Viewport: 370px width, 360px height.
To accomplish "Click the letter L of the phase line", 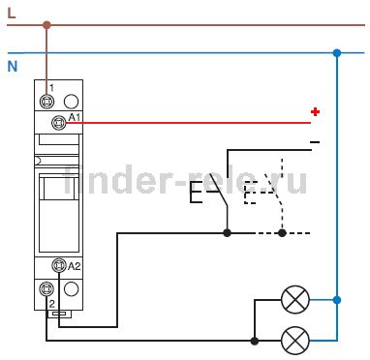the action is point(12,13).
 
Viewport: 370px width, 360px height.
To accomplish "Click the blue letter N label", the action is point(13,67).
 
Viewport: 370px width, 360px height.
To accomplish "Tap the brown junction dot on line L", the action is point(46,25).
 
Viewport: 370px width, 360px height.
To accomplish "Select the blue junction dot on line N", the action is point(337,53).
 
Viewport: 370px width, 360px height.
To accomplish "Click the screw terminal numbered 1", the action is point(46,102).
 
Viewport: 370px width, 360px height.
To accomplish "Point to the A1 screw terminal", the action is point(59,123).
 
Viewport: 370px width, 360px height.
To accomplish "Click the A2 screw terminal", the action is point(59,265).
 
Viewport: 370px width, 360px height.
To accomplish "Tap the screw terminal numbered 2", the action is point(46,289).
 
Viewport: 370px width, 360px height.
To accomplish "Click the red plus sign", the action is point(315,111).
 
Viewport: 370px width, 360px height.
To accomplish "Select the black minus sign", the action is point(315,142).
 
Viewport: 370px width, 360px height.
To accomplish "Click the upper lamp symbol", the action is point(295,300).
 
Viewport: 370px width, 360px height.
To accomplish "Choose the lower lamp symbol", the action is point(295,341).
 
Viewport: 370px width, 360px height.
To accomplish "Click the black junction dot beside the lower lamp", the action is point(255,341).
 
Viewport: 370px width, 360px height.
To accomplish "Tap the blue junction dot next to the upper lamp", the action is point(337,300).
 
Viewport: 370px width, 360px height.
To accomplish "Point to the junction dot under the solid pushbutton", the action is point(228,232).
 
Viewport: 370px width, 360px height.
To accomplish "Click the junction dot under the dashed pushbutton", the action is point(282,232).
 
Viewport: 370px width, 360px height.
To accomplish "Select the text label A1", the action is point(74,117).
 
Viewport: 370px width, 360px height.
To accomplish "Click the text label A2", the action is point(74,266).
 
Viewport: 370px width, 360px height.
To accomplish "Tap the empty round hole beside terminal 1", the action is point(71,102).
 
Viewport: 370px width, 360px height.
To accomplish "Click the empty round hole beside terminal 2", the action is point(71,289).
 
